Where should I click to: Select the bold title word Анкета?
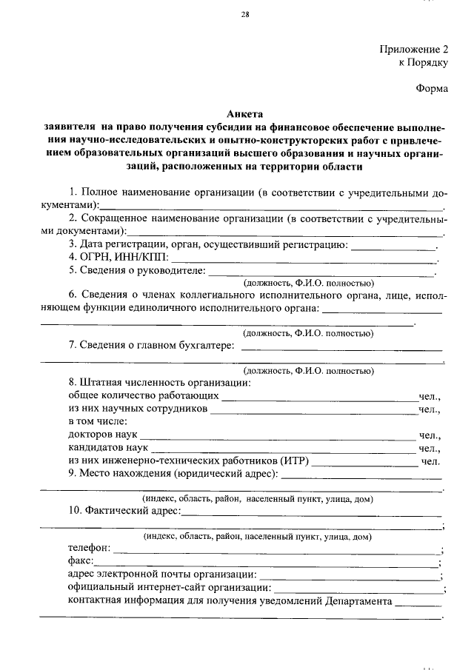[x=244, y=115]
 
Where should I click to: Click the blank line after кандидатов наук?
[x=281, y=451]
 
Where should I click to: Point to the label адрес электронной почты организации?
[x=162, y=574]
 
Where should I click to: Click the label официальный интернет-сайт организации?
[x=168, y=588]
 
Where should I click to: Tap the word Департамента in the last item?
[x=358, y=601]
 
